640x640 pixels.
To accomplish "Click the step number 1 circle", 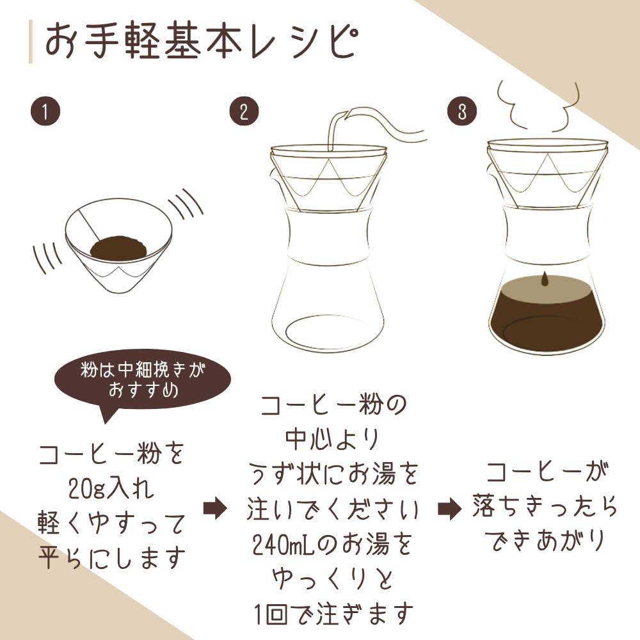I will click(x=45, y=113).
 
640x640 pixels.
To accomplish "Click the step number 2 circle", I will click(x=243, y=113).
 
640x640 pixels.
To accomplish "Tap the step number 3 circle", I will click(x=462, y=113).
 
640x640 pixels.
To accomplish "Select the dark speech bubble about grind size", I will click(x=144, y=384).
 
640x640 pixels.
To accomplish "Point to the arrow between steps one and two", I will click(x=214, y=509).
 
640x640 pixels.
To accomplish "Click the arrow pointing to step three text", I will click(x=449, y=509).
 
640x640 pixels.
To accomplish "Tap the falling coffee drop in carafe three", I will click(x=545, y=280).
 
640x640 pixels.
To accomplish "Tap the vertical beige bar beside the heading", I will click(x=31, y=42).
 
